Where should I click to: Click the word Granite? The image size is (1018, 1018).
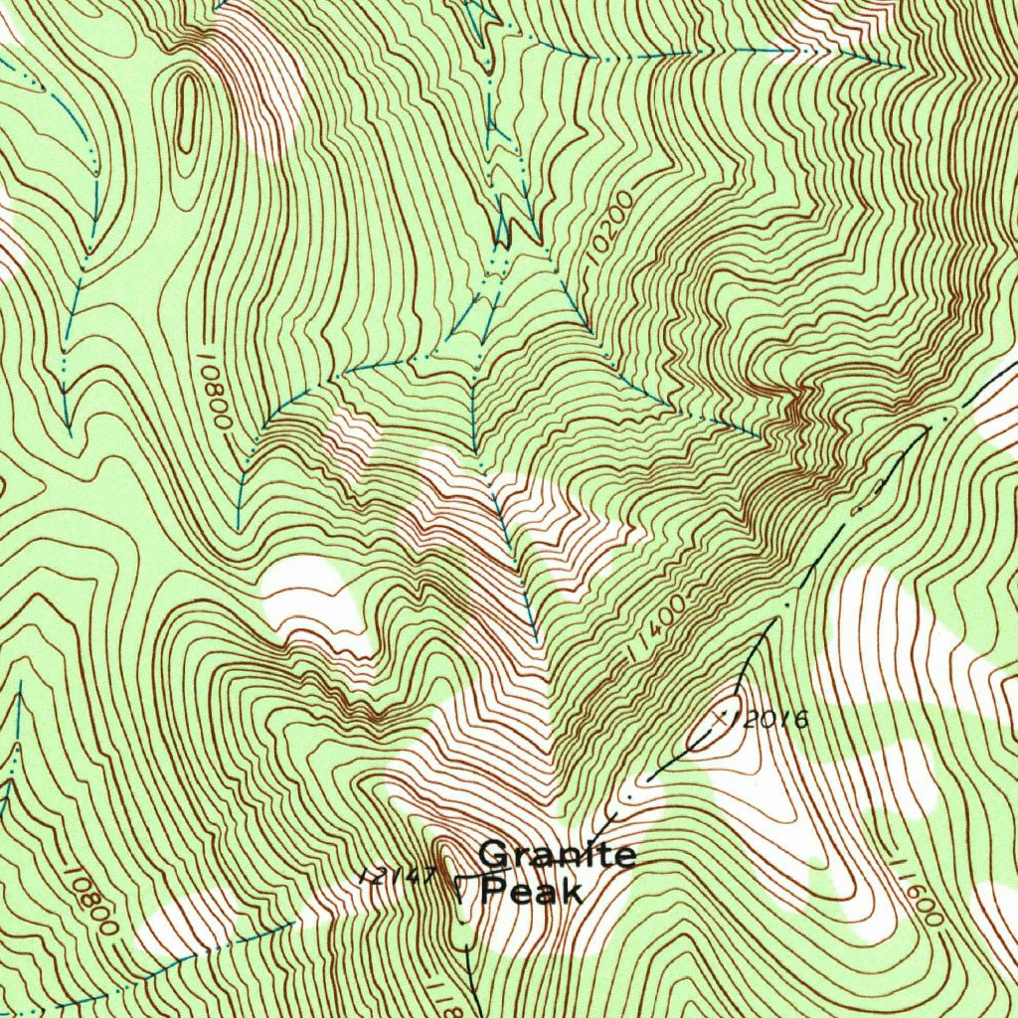(x=557, y=855)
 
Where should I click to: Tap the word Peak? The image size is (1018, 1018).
(x=531, y=890)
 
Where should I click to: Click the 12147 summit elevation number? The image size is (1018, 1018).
(x=400, y=876)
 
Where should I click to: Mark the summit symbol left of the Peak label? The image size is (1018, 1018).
(x=460, y=881)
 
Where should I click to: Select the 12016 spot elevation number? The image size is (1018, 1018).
(x=771, y=719)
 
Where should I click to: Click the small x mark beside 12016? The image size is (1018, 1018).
(x=724, y=715)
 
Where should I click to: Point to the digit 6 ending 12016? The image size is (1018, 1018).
(x=801, y=719)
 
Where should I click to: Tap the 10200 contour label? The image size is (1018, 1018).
(x=607, y=228)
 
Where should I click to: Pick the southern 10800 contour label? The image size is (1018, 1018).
(x=89, y=899)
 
